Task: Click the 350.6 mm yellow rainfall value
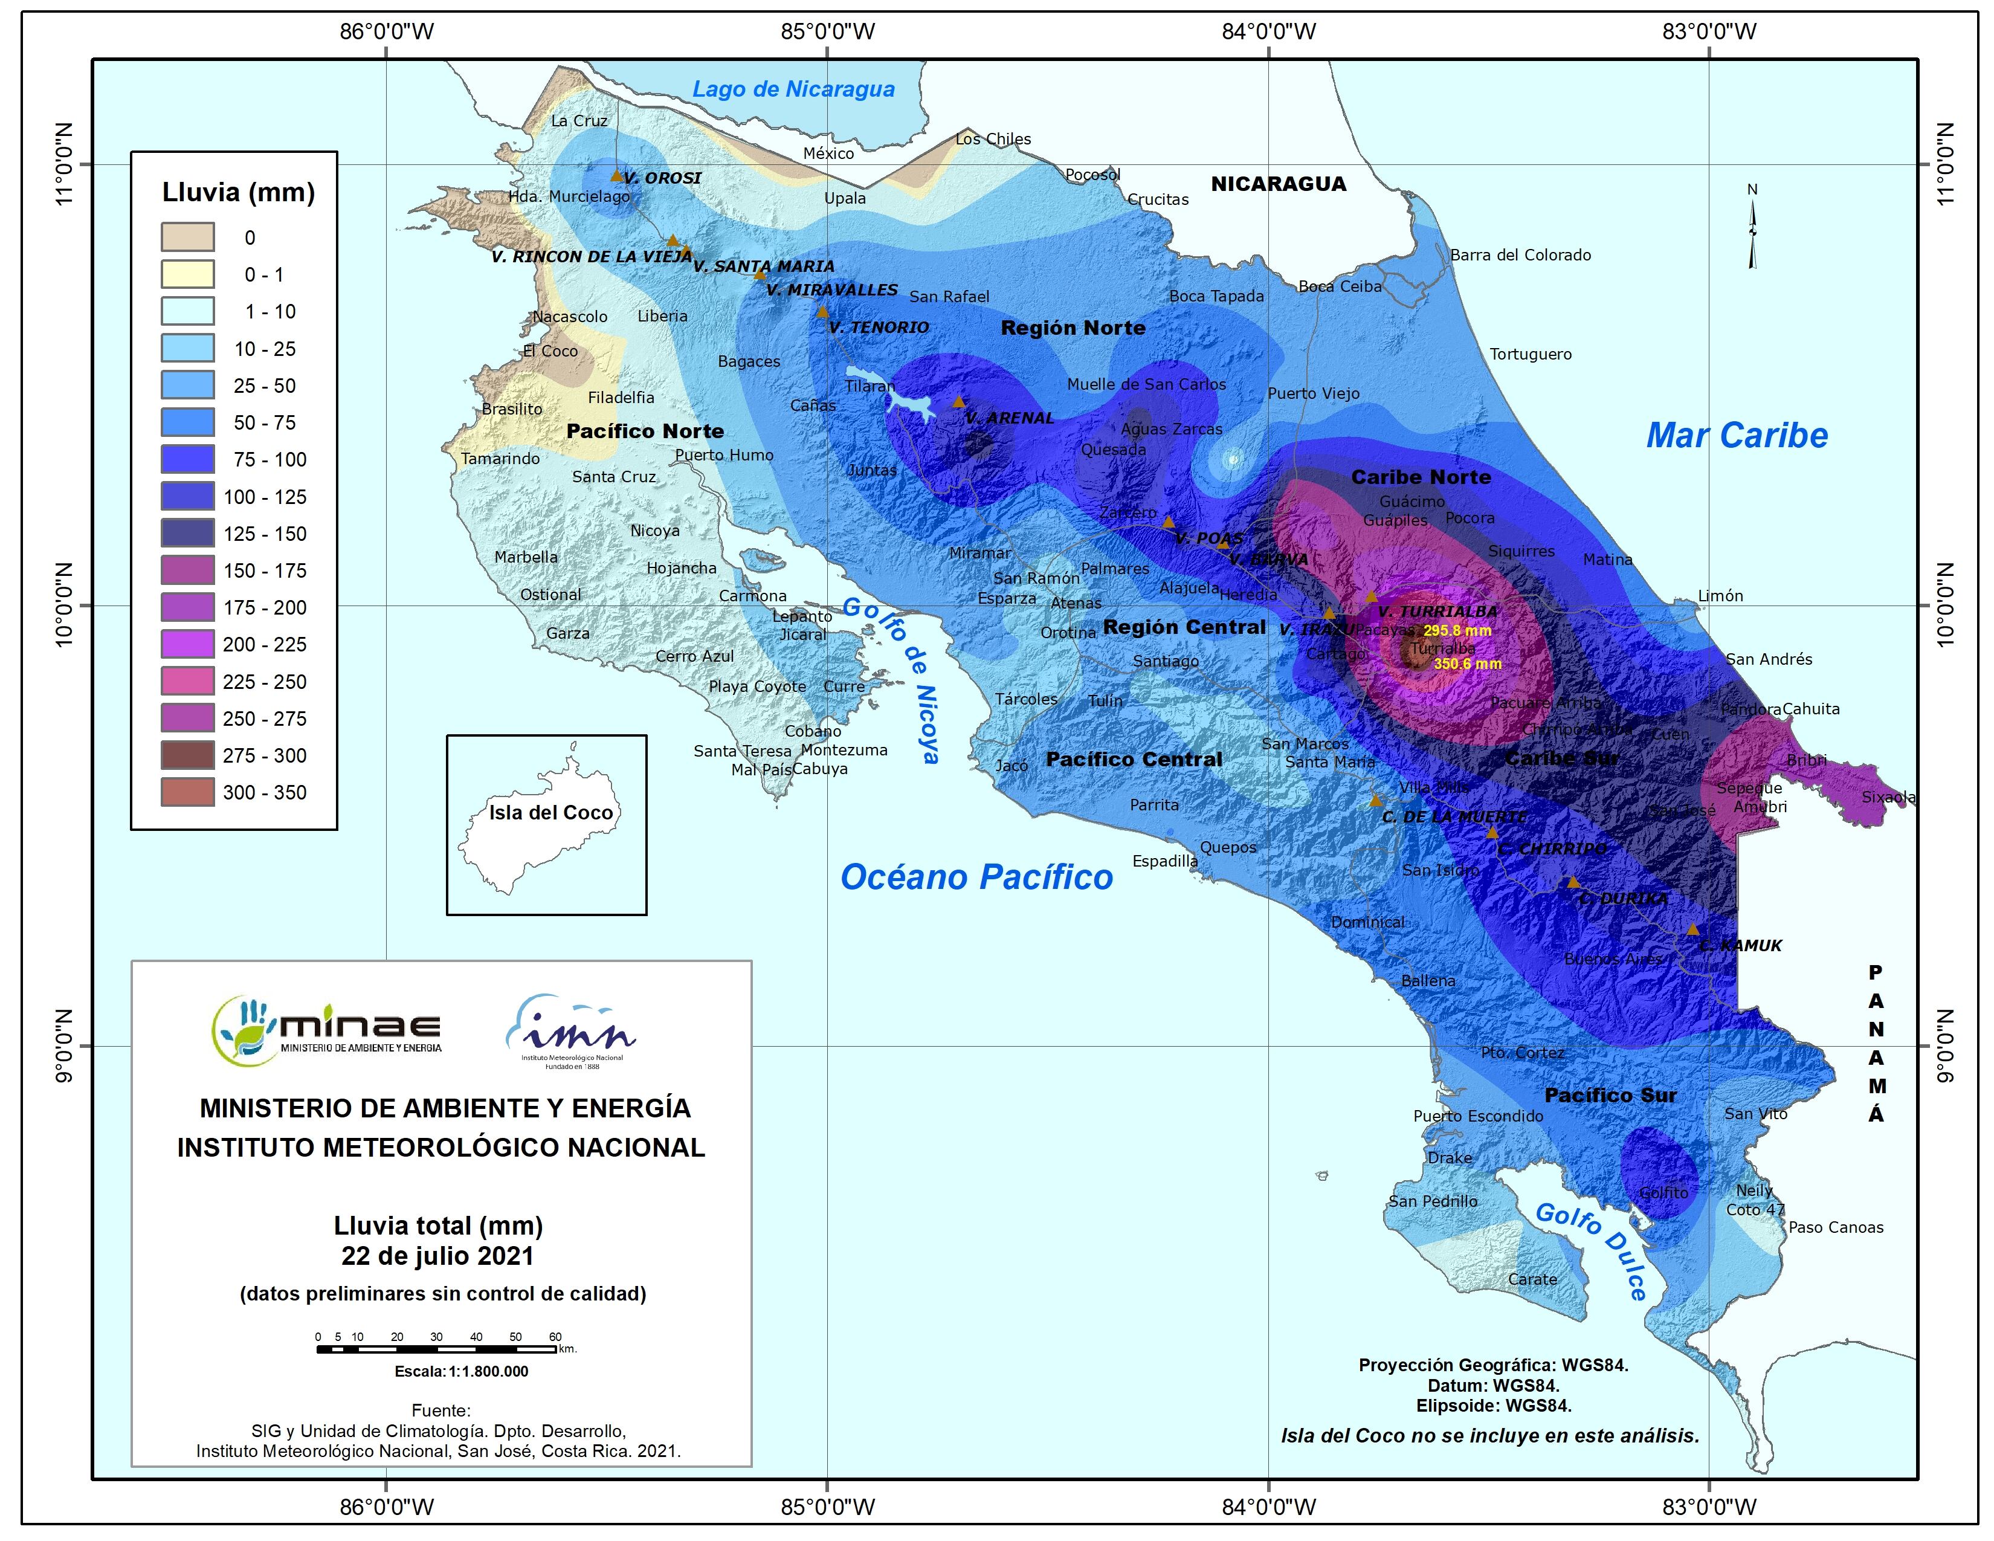(x=1467, y=664)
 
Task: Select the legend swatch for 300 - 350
(x=188, y=792)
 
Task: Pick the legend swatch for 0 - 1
(x=188, y=274)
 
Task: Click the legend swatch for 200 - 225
(x=188, y=645)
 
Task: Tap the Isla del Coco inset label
(x=550, y=812)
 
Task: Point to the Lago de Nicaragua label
(x=793, y=89)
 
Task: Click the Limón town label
(x=1720, y=596)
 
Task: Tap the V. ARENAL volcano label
(x=1009, y=418)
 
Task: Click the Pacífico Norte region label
(x=645, y=431)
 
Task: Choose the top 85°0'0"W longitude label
(x=827, y=32)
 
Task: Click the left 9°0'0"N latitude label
(x=64, y=1046)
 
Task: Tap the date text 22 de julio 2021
(x=437, y=1256)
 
